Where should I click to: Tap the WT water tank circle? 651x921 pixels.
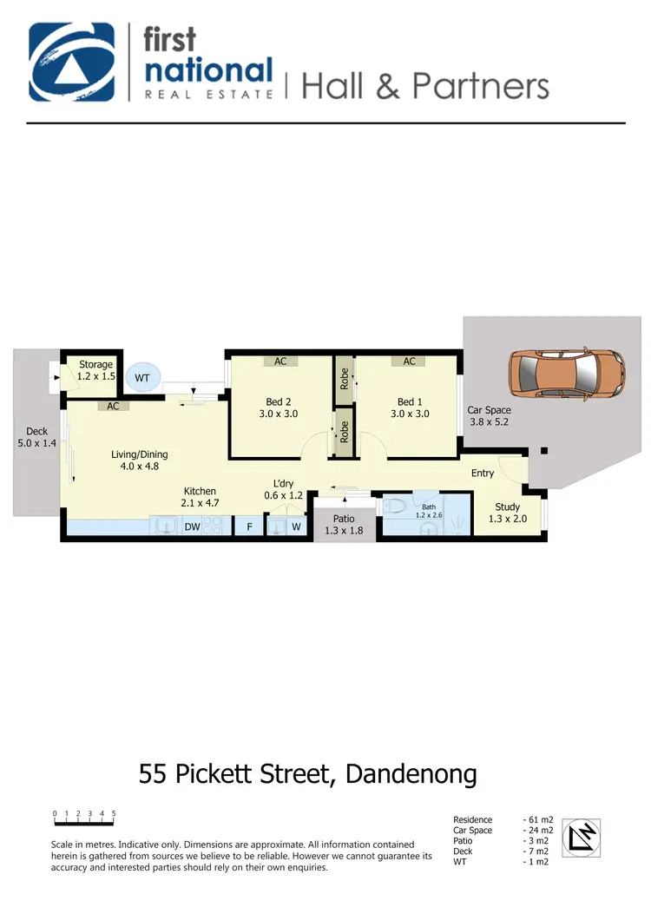[x=141, y=378]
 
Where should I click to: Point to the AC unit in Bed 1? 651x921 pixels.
[x=409, y=361]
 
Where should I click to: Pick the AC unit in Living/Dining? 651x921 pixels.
[x=113, y=406]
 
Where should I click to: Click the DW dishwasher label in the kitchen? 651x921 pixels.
[x=192, y=526]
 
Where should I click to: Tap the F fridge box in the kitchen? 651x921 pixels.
[x=249, y=526]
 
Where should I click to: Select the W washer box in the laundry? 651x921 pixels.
[x=296, y=526]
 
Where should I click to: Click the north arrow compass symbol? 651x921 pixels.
[x=582, y=838]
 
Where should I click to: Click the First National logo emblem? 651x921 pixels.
[x=71, y=63]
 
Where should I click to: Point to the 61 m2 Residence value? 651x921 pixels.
[x=541, y=819]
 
